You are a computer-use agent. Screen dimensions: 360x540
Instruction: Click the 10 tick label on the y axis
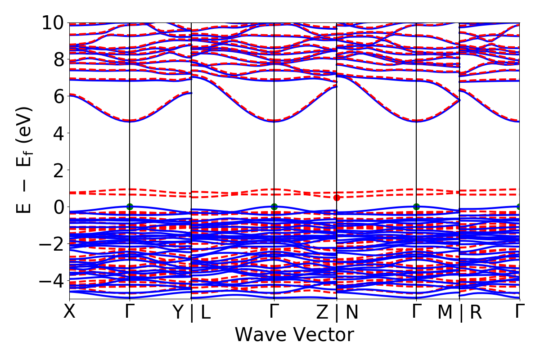(53, 22)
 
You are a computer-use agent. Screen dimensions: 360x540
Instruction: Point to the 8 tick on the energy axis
(58, 59)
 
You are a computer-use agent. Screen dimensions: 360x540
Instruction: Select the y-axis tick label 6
(58, 96)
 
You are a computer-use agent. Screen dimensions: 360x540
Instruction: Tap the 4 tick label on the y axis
(58, 133)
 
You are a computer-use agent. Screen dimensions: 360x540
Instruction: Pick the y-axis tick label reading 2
(58, 170)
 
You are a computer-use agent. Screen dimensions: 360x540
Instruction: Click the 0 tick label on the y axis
(58, 207)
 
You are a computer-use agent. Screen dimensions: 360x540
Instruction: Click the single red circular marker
(337, 198)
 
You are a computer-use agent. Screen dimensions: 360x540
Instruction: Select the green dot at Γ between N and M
(416, 207)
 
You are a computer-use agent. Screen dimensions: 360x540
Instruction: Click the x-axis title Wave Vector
(294, 335)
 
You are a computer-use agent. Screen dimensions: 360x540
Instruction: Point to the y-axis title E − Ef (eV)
(25, 160)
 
